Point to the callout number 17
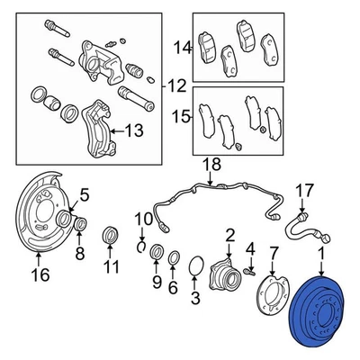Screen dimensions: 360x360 coord(306,191)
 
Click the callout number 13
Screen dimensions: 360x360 coord(133,130)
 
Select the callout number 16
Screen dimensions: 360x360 coord(39,274)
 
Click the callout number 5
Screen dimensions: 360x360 coord(85,193)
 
